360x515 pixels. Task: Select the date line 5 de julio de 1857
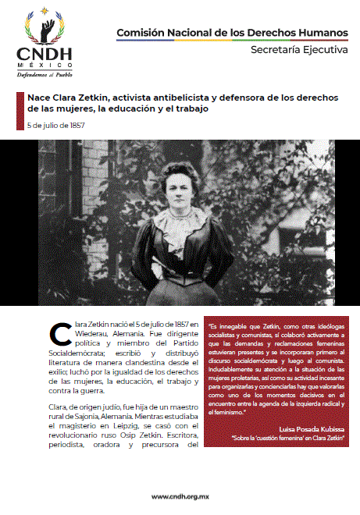pos(56,125)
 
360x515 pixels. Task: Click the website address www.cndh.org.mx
pos(180,496)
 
